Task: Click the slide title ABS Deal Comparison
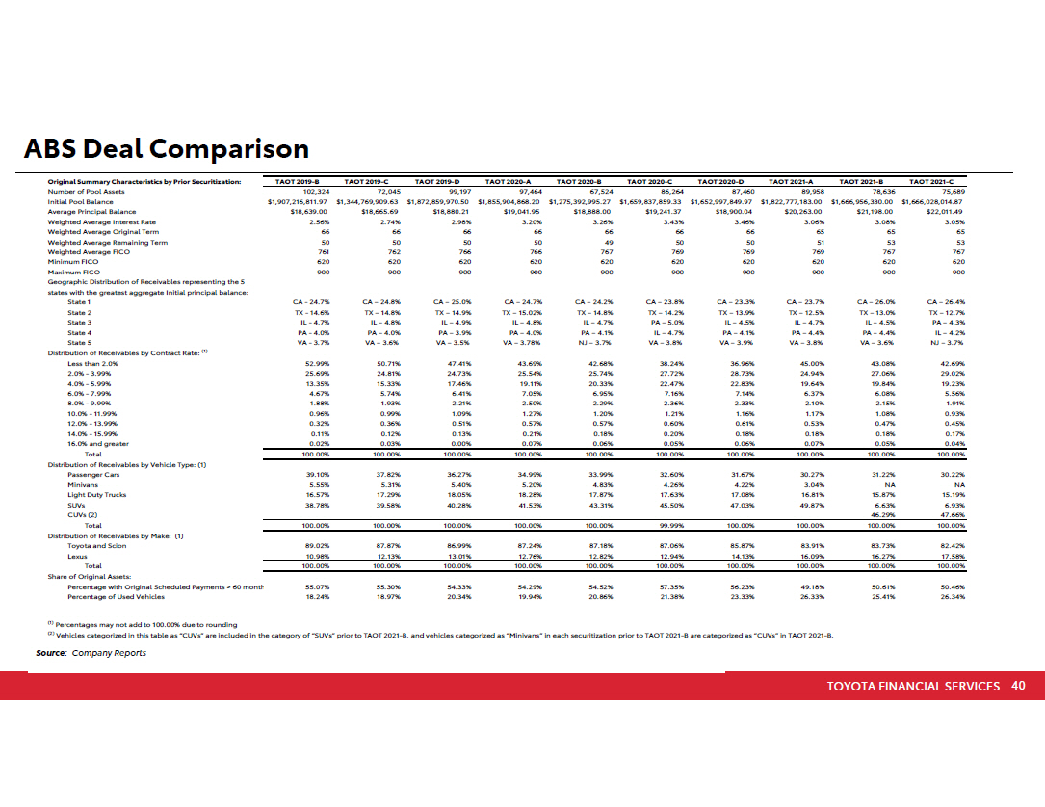pyautogui.click(x=167, y=149)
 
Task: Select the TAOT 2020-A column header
pyautogui.click(x=509, y=181)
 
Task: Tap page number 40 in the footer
pyautogui.click(x=1018, y=686)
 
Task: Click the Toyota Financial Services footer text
pyautogui.click(x=913, y=686)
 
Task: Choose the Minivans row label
pyautogui.click(x=83, y=484)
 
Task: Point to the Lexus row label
pyautogui.click(x=77, y=556)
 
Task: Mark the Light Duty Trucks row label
pyautogui.click(x=96, y=494)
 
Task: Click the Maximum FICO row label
pyautogui.click(x=76, y=272)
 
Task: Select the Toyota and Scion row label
pyautogui.click(x=94, y=546)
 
